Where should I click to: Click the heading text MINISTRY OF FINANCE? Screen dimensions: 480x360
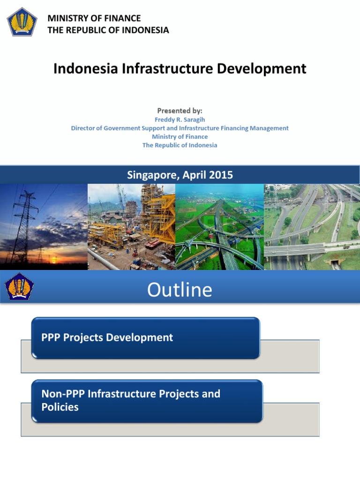tap(94, 18)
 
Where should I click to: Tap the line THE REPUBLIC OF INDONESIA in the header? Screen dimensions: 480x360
tap(108, 30)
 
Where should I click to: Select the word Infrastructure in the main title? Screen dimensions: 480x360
tap(169, 68)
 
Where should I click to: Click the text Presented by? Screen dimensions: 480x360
tap(180, 111)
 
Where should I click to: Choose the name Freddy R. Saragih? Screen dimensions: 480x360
tap(180, 120)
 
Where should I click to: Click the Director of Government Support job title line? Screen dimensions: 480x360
tap(180, 128)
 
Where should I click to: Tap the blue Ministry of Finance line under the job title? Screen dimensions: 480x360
tap(180, 136)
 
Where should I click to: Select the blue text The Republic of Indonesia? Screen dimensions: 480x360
tap(180, 145)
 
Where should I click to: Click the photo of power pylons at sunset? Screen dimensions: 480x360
tap(44, 226)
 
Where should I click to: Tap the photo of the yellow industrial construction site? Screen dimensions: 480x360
tap(131, 226)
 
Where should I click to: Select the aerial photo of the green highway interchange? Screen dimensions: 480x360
tap(219, 226)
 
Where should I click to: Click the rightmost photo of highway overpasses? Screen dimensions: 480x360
tap(312, 226)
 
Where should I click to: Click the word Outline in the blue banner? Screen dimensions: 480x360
tap(180, 290)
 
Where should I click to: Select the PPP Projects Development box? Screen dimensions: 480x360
tap(145, 338)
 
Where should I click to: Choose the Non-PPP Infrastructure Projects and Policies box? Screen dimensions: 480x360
tap(147, 401)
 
